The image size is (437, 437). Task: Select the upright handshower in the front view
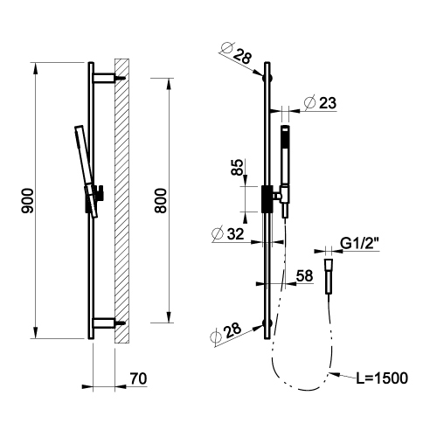coord(283,157)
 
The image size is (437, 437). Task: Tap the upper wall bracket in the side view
coord(104,77)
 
